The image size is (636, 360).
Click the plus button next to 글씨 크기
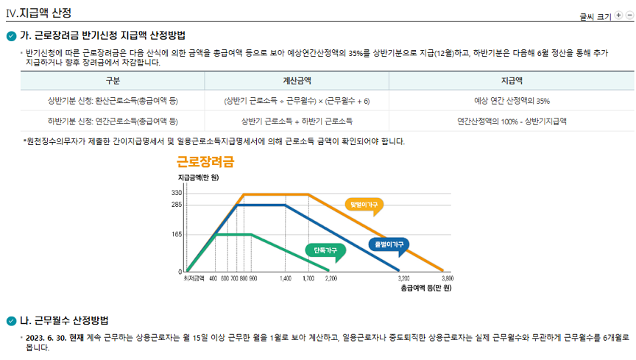(618, 15)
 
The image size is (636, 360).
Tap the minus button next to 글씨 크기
(629, 15)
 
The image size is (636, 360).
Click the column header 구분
(113, 80)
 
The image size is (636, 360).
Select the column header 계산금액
(297, 80)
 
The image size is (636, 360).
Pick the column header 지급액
(512, 80)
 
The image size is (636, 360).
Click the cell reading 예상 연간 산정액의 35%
(512, 100)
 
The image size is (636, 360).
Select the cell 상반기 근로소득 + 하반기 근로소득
(297, 120)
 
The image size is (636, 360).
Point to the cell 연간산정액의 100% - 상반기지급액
(512, 120)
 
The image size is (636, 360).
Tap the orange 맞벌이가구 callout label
(364, 204)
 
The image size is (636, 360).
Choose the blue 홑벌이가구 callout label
(388, 244)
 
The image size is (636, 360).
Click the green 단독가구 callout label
(325, 251)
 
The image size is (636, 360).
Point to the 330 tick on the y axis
(177, 193)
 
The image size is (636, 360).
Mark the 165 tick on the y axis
(177, 234)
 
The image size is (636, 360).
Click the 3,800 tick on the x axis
(447, 279)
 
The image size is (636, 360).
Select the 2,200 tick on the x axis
(331, 279)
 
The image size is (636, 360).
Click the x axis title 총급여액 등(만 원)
(425, 288)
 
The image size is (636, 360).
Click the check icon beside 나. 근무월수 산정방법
(11, 320)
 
